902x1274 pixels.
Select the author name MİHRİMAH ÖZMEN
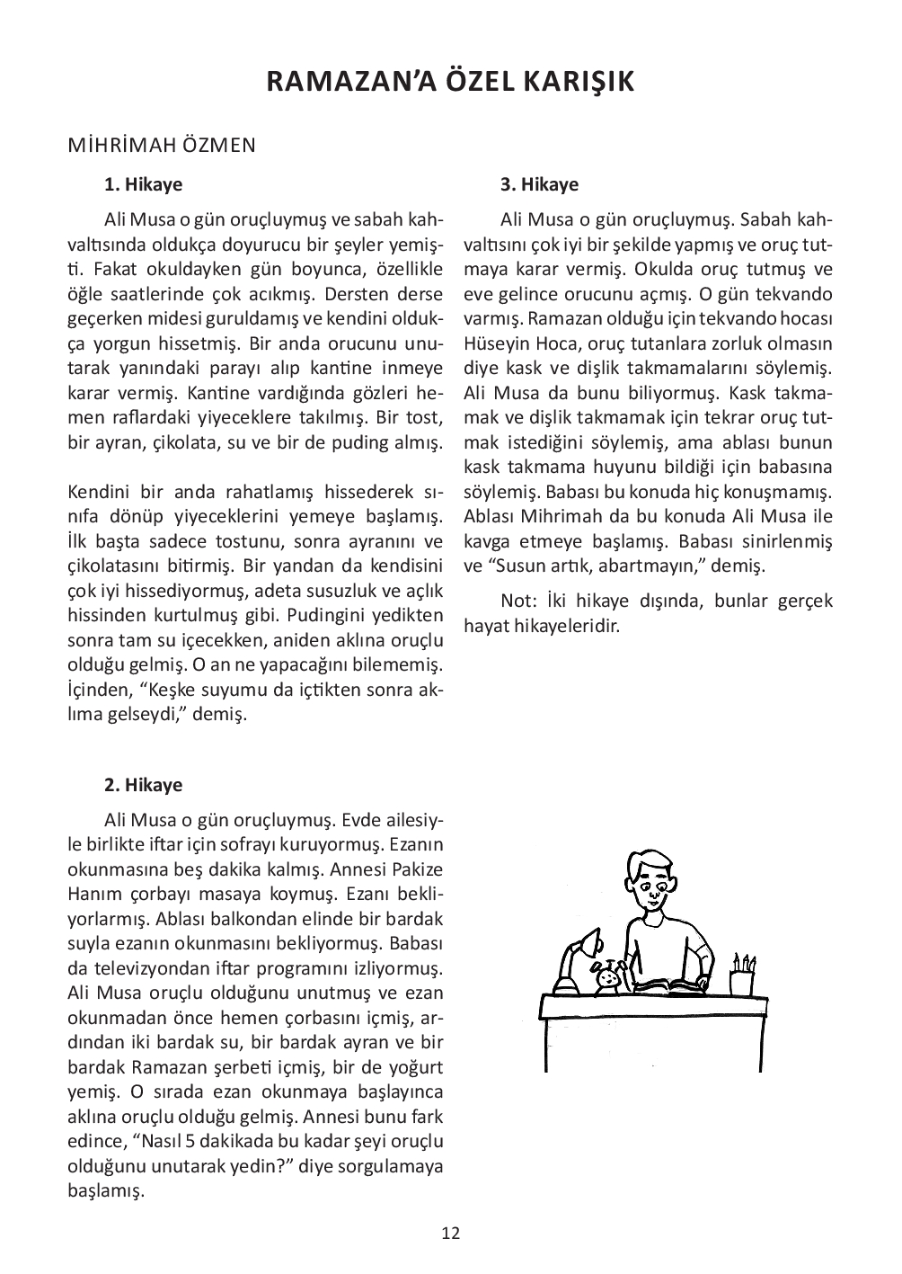(x=162, y=145)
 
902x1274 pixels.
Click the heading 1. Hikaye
(x=143, y=185)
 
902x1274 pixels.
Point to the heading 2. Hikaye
(x=143, y=785)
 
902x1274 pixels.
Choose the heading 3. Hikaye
(x=539, y=185)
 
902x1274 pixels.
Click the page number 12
(x=451, y=1233)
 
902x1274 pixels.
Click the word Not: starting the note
(x=517, y=601)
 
